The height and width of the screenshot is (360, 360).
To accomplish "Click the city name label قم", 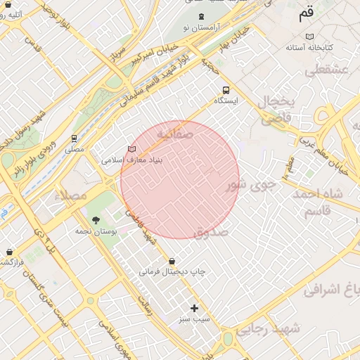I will click(x=307, y=13).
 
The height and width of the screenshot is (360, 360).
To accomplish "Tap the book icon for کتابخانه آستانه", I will click(x=309, y=37).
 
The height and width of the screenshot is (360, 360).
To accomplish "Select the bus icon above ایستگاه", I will click(x=226, y=90).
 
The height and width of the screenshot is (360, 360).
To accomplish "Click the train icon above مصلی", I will click(x=74, y=139).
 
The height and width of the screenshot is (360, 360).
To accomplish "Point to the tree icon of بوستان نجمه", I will click(x=96, y=220).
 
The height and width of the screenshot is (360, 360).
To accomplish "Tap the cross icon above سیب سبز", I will click(x=195, y=308).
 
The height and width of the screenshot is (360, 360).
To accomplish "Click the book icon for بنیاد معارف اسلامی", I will click(x=131, y=149).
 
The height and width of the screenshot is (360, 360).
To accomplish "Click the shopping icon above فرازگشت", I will click(x=9, y=251).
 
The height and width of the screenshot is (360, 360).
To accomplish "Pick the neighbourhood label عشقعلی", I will click(x=325, y=70).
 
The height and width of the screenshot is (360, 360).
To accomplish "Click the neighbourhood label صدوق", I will click(x=210, y=231).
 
